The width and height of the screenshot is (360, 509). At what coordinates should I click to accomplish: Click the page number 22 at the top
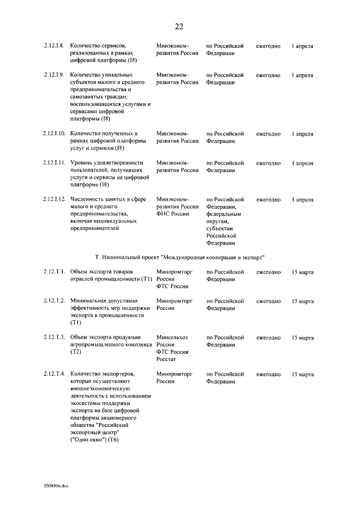pos(179,26)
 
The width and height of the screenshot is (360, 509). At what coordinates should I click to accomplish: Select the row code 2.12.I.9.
pos(54,75)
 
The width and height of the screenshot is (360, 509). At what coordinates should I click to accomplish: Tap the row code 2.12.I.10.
pos(55,134)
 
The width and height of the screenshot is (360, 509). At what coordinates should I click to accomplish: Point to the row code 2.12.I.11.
pos(55,163)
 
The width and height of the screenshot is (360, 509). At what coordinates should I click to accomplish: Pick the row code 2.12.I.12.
pos(55,200)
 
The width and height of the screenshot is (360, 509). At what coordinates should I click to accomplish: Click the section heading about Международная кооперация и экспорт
pos(179,258)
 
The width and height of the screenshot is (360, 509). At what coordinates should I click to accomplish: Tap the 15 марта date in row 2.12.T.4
pos(303,374)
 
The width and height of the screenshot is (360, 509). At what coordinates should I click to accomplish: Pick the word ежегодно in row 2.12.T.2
pos(268,301)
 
